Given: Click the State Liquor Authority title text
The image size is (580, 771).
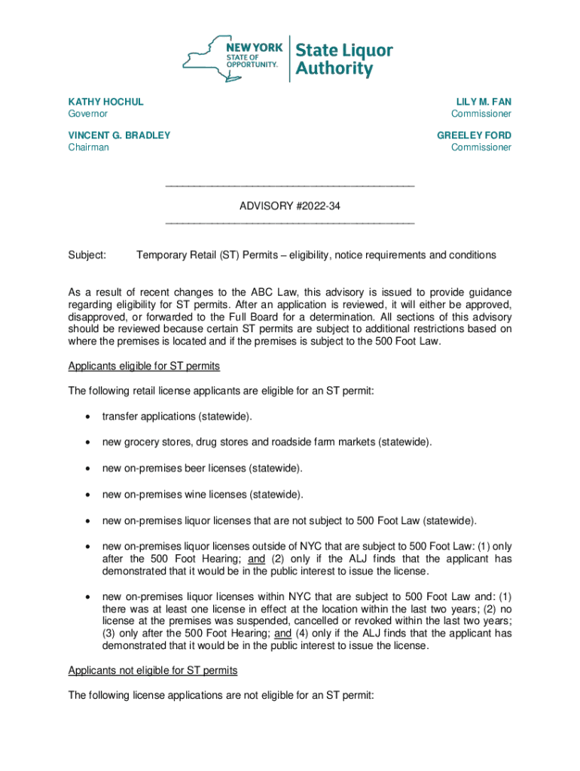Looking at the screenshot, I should pos(343,60).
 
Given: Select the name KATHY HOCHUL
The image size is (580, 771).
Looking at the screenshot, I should pos(105,102).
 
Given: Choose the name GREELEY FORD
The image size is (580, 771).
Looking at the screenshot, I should pos(474,136).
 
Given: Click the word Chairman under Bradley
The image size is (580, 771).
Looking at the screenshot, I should pos(88,148).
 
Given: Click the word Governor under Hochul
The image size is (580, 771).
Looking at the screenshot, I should pos(88,114).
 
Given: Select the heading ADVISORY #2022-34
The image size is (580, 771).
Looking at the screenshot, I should pos(289,205).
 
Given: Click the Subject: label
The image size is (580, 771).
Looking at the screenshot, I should pos(87,255).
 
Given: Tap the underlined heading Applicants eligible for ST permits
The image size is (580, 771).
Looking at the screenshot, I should pos(144,367).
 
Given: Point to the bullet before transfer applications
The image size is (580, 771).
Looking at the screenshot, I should pos(87,416).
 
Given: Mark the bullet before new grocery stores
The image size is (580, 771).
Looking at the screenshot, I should pos(87,442).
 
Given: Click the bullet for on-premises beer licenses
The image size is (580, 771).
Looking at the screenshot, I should pos(87,468).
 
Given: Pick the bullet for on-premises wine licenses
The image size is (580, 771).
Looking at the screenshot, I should pos(87,495).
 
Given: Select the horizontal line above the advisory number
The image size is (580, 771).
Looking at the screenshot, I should pos(289,185).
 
